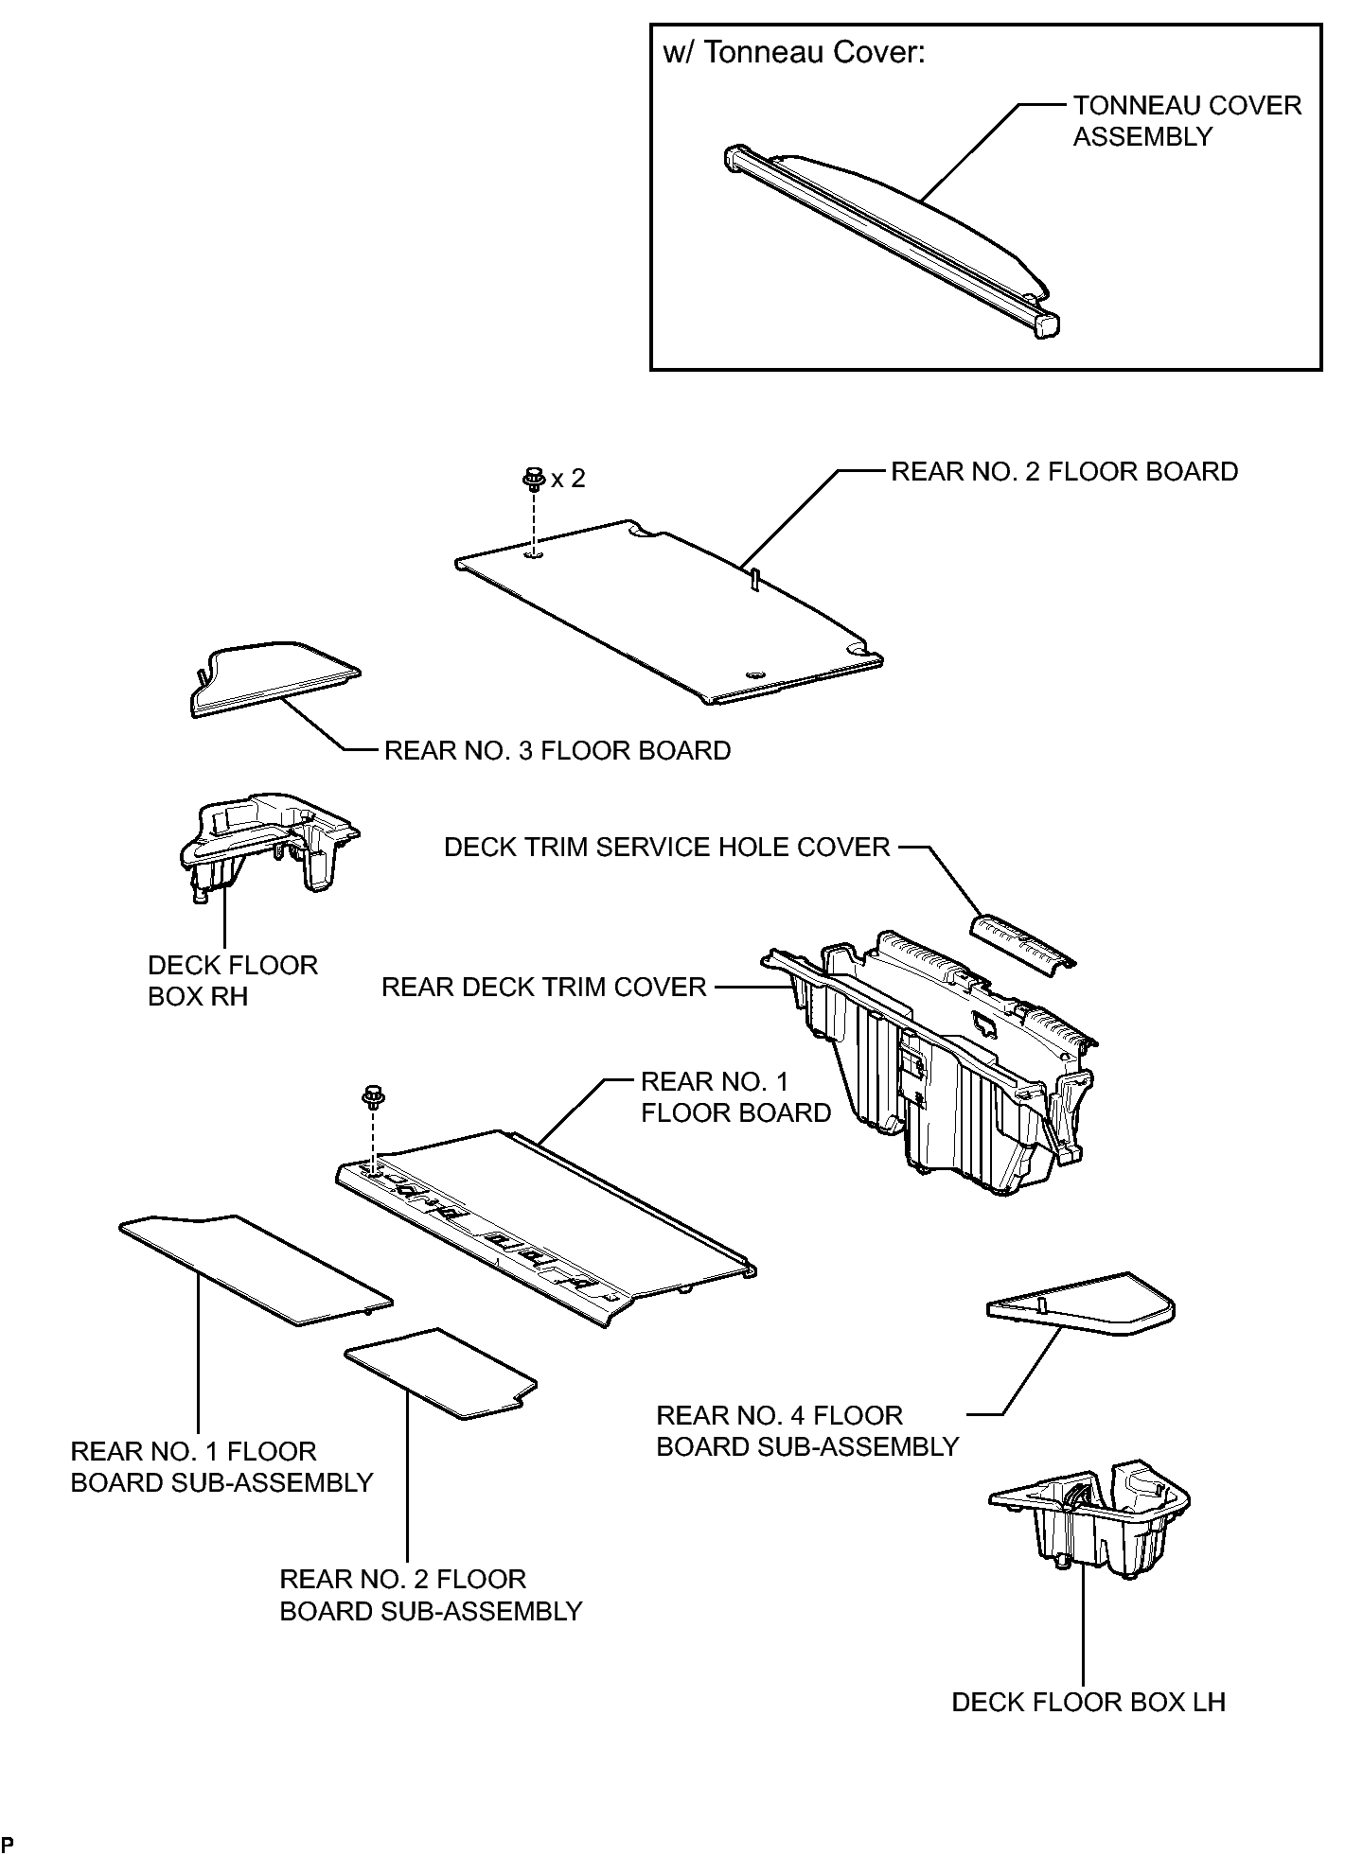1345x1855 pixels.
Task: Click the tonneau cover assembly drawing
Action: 890,241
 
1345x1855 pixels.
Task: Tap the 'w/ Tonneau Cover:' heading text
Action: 793,53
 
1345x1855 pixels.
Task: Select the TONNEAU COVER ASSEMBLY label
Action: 1187,121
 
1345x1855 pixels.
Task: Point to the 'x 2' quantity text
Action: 568,479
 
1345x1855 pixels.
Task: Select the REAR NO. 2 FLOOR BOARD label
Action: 1064,472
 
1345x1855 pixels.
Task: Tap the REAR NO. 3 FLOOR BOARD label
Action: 557,751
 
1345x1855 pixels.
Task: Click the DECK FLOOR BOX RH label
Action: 233,981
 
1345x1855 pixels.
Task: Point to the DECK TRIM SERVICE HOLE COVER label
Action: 667,847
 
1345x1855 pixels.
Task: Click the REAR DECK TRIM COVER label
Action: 543,988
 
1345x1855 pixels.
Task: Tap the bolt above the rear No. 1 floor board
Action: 373,1098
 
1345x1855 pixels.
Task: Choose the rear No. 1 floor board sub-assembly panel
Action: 256,1269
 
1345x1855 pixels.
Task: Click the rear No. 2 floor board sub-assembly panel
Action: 441,1373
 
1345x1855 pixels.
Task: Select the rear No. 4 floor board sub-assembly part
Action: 1081,1304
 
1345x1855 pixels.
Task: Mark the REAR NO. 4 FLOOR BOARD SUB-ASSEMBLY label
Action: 807,1431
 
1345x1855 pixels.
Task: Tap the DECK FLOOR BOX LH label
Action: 1088,1703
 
